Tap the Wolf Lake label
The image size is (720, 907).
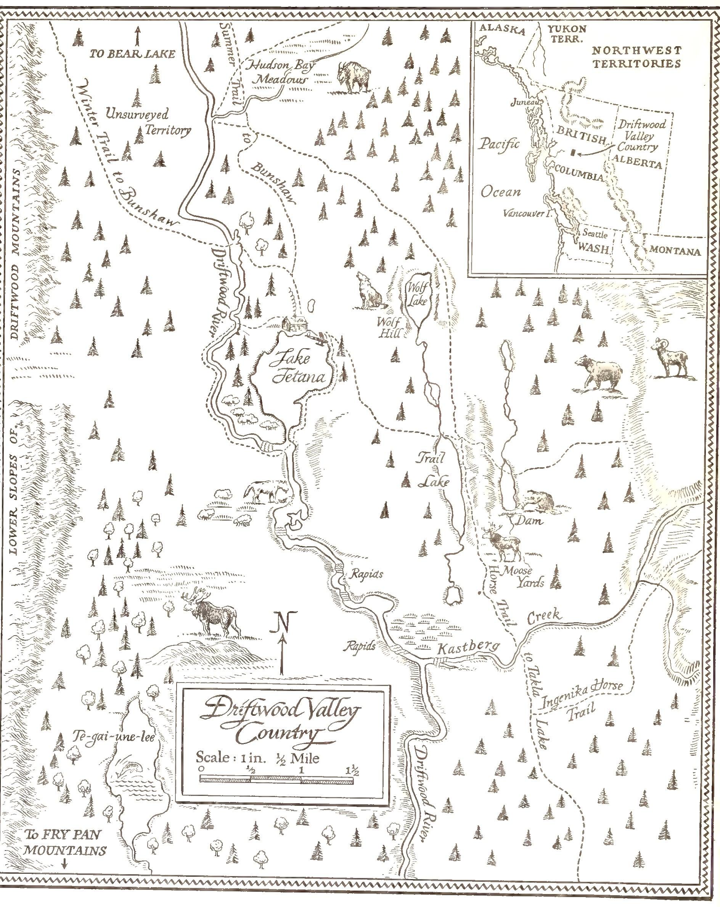coord(417,294)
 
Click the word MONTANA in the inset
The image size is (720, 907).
coord(675,251)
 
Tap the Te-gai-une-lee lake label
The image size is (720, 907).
coord(114,738)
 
